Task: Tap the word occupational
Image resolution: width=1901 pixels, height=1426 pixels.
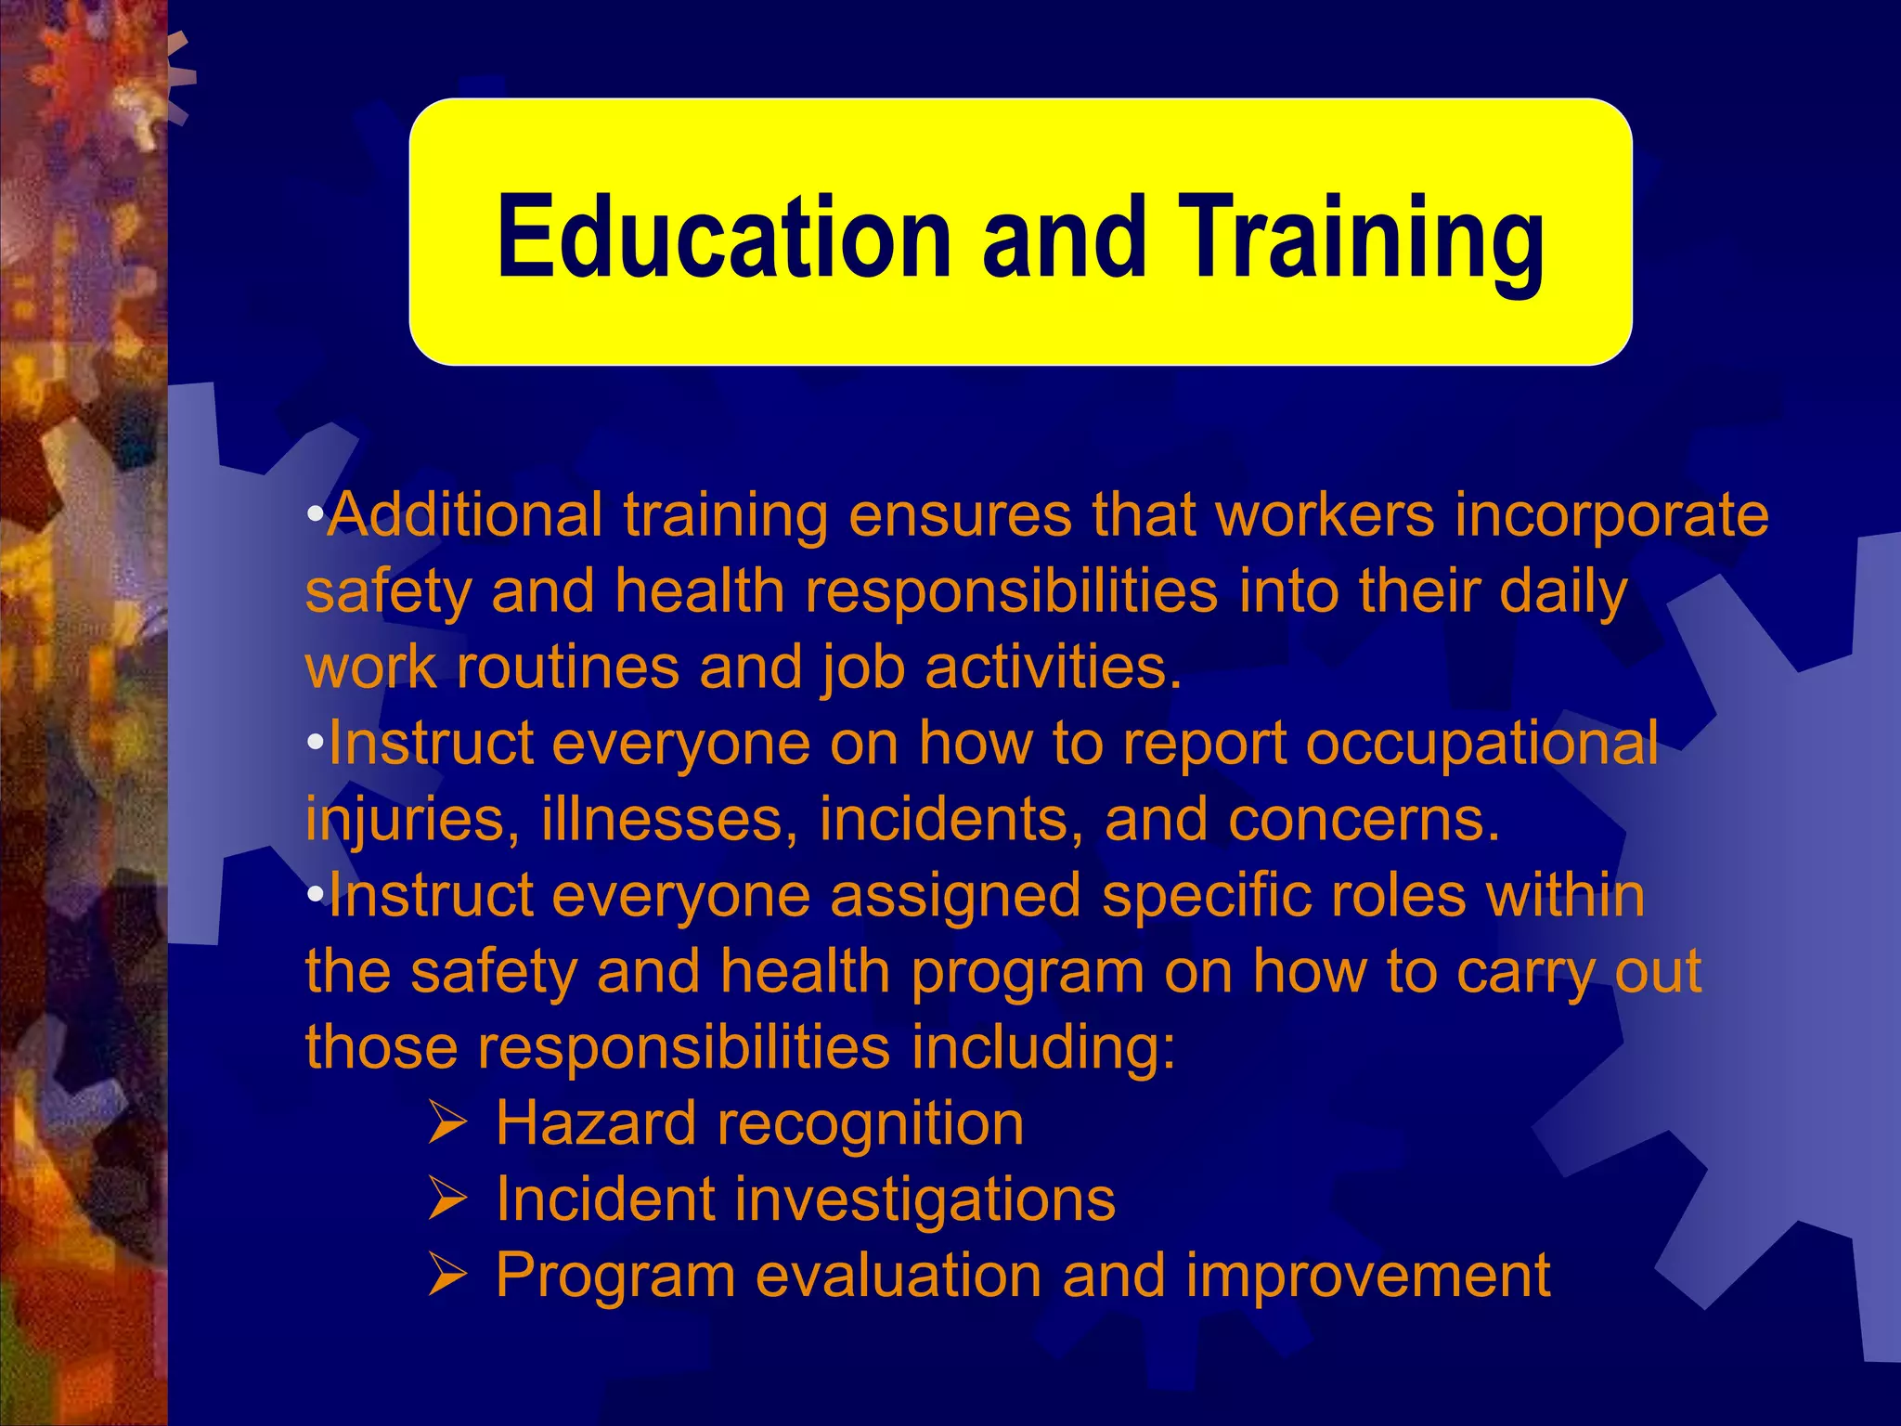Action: tap(1481, 745)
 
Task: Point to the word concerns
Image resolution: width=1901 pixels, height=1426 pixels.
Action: tap(1364, 821)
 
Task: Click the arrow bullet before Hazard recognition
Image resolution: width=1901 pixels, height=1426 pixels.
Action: tap(446, 1123)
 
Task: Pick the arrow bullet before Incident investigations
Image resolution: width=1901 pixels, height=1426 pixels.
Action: tap(446, 1199)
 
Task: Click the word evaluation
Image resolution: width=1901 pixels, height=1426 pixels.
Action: tap(899, 1276)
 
